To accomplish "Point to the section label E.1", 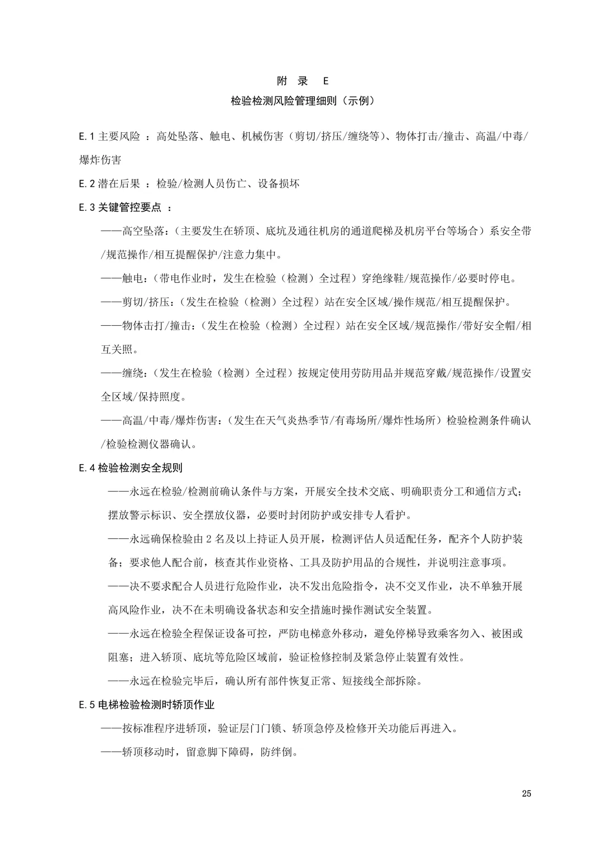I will click(x=88, y=137).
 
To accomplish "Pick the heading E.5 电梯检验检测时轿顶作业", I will click(x=147, y=705).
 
